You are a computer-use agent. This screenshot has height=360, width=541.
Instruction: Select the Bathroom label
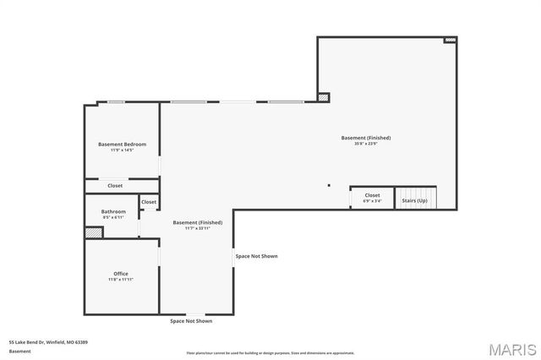pos(114,211)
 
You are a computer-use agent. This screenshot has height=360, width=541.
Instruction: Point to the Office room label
pos(121,274)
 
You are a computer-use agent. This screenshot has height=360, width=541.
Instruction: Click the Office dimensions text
pos(121,280)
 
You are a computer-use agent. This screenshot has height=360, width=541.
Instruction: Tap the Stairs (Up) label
pos(414,200)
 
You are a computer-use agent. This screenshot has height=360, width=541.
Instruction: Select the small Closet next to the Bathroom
pos(149,202)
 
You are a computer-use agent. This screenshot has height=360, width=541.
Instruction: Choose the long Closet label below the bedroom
pos(115,186)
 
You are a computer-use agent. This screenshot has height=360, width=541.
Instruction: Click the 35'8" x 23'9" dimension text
pos(366,144)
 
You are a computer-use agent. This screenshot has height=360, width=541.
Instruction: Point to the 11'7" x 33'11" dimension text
pos(198,228)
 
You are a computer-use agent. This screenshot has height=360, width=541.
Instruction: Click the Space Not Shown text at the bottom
pos(191,321)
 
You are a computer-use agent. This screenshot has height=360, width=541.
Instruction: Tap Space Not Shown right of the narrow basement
pos(256,256)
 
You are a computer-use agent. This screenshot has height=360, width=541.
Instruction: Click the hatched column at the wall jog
pos(324,98)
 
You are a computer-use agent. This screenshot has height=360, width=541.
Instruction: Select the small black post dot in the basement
pos(329,185)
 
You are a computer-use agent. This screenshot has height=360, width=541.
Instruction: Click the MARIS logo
pos(511,348)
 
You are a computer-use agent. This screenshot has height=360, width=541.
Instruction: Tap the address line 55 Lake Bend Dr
pos(48,342)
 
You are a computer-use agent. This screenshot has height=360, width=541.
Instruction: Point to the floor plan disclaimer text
pos(270,352)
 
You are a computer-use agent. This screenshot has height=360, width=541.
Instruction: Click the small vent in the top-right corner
pos(451,40)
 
